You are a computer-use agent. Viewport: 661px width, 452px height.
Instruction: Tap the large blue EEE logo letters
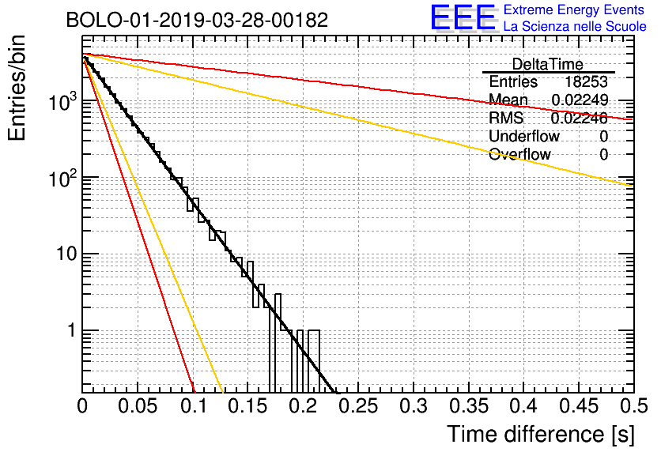point(463,17)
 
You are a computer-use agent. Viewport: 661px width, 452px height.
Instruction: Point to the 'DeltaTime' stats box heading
point(547,64)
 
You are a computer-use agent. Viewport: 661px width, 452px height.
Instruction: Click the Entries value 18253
point(586,82)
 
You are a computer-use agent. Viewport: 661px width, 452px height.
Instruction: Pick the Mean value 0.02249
point(580,100)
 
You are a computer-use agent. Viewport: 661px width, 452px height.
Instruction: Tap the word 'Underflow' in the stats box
point(524,136)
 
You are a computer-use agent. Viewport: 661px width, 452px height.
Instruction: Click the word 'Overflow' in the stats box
point(519,154)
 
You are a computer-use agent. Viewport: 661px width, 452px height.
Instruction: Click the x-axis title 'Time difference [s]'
point(539,434)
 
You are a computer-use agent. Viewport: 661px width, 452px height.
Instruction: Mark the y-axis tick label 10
point(63,254)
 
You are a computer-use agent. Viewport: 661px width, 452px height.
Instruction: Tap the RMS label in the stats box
point(507,119)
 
